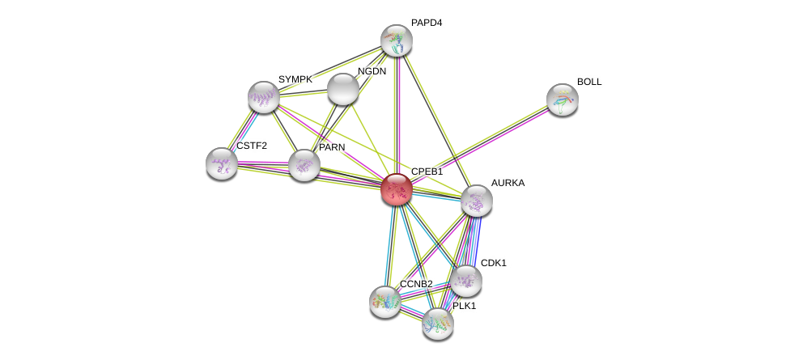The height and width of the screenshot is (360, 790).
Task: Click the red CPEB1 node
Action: pyautogui.click(x=397, y=189)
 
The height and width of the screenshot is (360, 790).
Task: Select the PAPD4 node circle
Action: pyautogui.click(x=397, y=40)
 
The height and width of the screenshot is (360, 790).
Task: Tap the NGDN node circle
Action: pyautogui.click(x=342, y=89)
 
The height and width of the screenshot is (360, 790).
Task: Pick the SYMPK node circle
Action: pyautogui.click(x=264, y=97)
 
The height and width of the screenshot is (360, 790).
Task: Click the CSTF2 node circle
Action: pyautogui.click(x=222, y=163)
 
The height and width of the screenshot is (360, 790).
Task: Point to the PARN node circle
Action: pyautogui.click(x=304, y=165)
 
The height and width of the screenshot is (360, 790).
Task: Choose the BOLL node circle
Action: pyautogui.click(x=563, y=100)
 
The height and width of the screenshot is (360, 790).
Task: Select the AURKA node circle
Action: pyautogui.click(x=477, y=201)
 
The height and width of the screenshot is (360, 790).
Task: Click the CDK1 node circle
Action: pyautogui.click(x=466, y=281)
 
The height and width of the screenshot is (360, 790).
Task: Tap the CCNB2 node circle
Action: pyautogui.click(x=385, y=302)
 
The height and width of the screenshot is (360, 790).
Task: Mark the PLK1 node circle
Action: pyautogui.click(x=438, y=324)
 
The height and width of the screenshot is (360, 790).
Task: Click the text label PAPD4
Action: pyautogui.click(x=426, y=23)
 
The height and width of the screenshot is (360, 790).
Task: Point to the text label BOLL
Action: pyautogui.click(x=589, y=82)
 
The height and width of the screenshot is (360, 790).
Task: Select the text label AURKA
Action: pyautogui.click(x=508, y=183)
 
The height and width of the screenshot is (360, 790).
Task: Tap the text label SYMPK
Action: pyautogui.click(x=295, y=79)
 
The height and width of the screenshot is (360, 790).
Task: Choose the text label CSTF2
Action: pyautogui.click(x=251, y=146)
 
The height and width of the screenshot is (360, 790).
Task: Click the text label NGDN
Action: pyautogui.click(x=372, y=71)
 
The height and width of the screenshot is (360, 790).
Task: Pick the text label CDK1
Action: pyautogui.click(x=493, y=263)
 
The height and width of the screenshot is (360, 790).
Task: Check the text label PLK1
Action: pyautogui.click(x=464, y=306)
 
